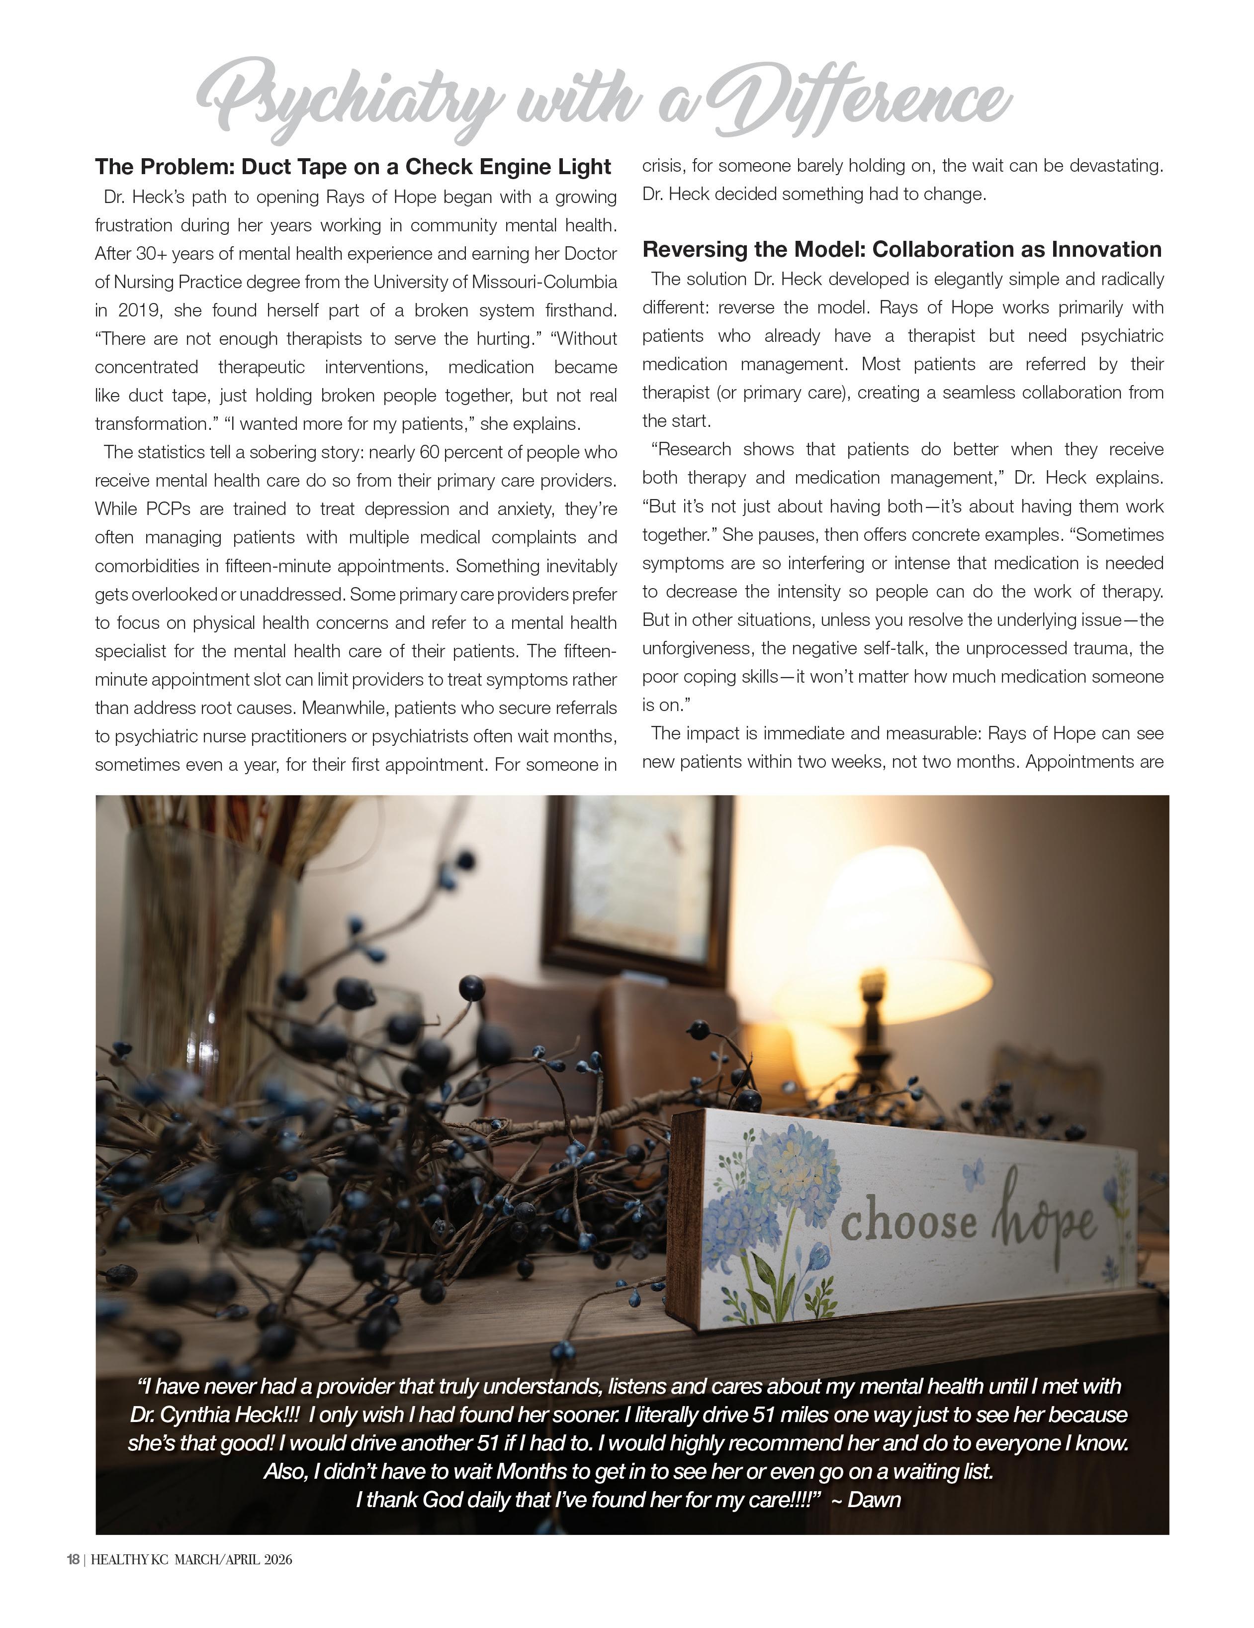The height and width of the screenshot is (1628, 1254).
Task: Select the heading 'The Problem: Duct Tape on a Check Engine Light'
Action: pos(353,167)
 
